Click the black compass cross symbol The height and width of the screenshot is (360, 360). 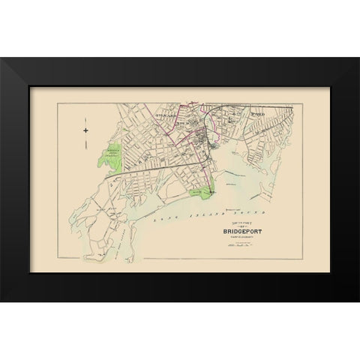point(85,132)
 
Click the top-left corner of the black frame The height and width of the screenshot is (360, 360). point(2,58)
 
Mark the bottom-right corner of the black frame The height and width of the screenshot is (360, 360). point(358,301)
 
